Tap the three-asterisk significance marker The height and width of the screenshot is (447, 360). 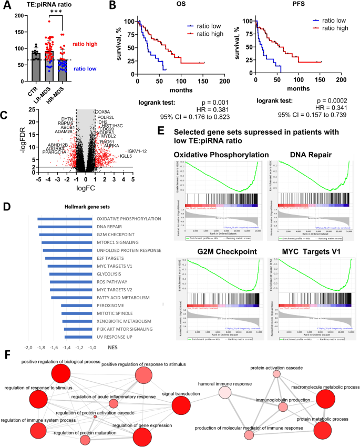[x=56, y=17]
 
